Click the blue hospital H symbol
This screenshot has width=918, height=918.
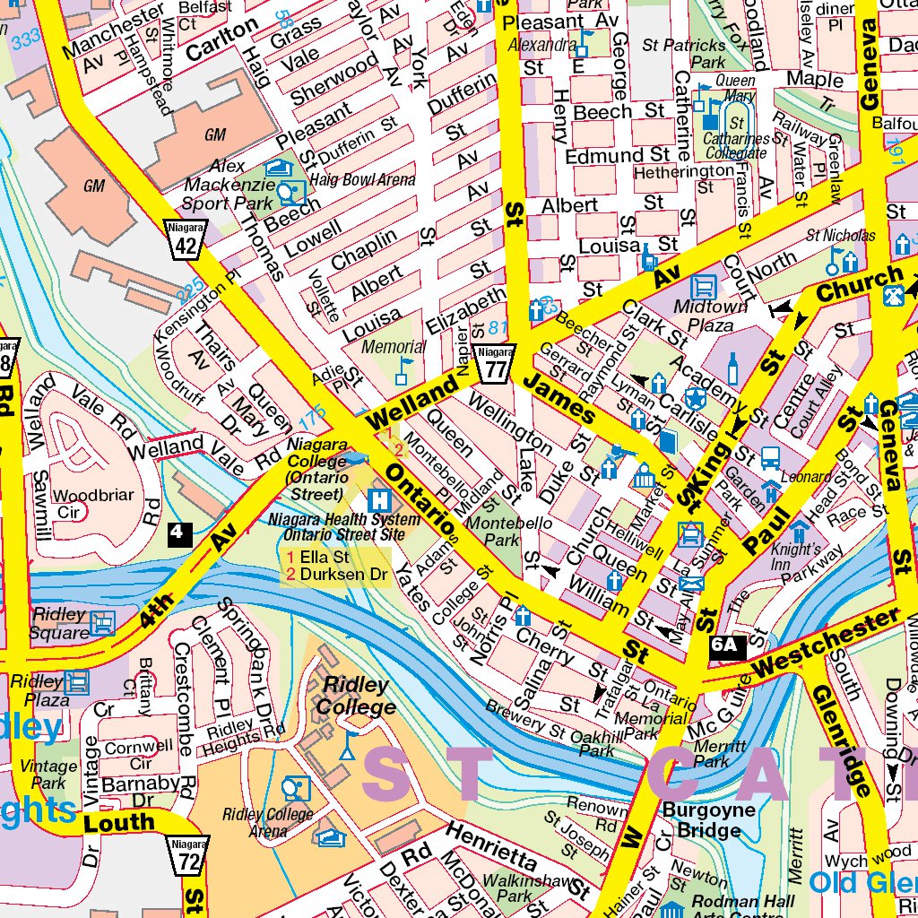[379, 499]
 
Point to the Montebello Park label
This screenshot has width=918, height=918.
[494, 531]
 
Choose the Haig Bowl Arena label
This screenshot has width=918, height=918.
[363, 180]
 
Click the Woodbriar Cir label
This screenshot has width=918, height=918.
[93, 504]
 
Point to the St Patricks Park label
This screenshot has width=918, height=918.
[684, 53]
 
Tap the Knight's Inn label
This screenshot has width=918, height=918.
[796, 557]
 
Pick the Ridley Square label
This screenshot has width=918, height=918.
[61, 624]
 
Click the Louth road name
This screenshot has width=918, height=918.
[119, 822]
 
